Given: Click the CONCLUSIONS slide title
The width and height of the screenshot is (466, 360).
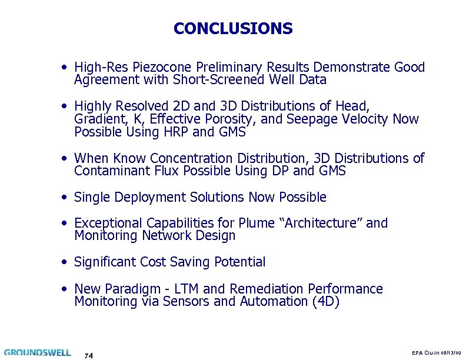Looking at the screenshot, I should [233, 28].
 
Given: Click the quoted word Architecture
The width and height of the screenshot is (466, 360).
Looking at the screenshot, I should [318, 224].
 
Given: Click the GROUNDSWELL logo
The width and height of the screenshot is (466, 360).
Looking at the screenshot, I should [38, 353].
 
